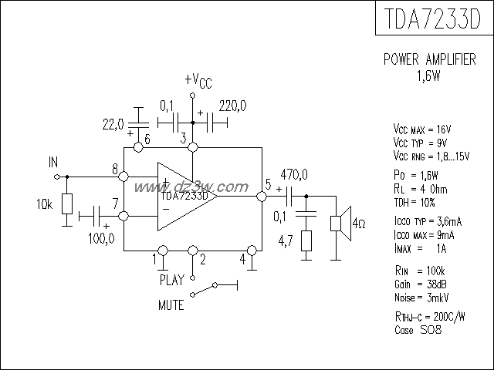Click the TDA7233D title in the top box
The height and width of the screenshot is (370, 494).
tap(434, 19)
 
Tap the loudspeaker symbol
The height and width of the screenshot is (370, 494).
tap(338, 223)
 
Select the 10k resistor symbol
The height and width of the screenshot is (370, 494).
tap(66, 204)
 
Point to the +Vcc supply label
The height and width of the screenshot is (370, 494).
tap(198, 82)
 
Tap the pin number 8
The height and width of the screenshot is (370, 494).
tap(114, 169)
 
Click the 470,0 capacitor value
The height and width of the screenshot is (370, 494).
tap(293, 173)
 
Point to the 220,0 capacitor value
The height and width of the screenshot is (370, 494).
tap(232, 105)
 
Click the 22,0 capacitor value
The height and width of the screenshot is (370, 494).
tap(113, 123)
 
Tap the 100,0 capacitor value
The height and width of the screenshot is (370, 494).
tap(102, 238)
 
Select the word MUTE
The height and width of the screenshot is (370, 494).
tap(171, 305)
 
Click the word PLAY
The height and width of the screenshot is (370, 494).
tap(172, 279)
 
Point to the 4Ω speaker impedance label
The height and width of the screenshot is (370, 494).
tap(358, 224)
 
